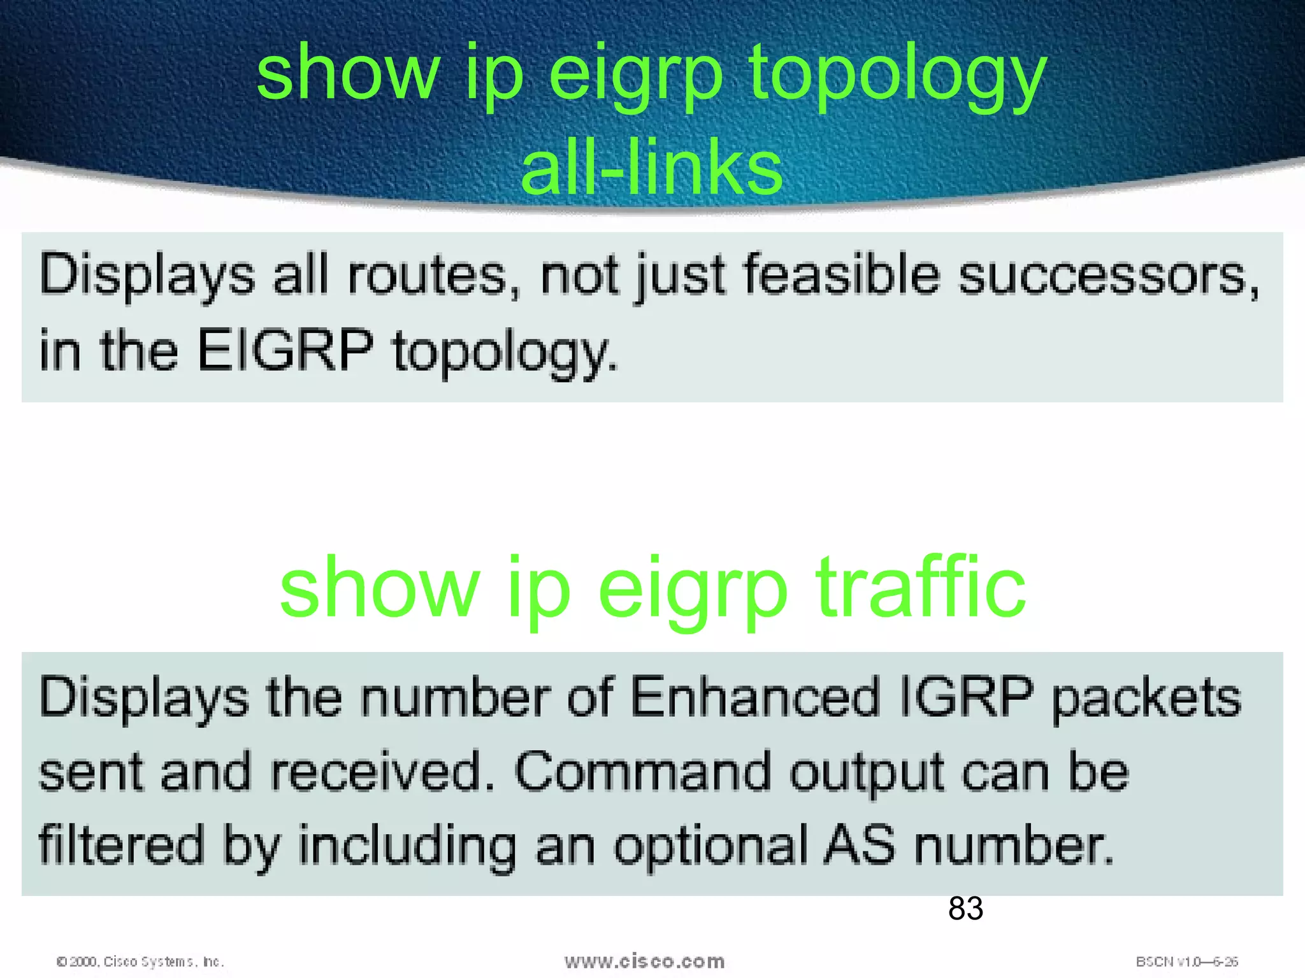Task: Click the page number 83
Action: click(965, 908)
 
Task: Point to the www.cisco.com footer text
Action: click(644, 961)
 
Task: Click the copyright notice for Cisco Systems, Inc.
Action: click(140, 961)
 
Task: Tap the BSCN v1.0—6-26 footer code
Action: click(1186, 961)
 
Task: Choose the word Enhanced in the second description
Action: click(755, 698)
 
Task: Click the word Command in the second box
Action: click(642, 772)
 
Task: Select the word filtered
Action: click(121, 846)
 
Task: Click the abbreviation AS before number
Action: click(860, 846)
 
